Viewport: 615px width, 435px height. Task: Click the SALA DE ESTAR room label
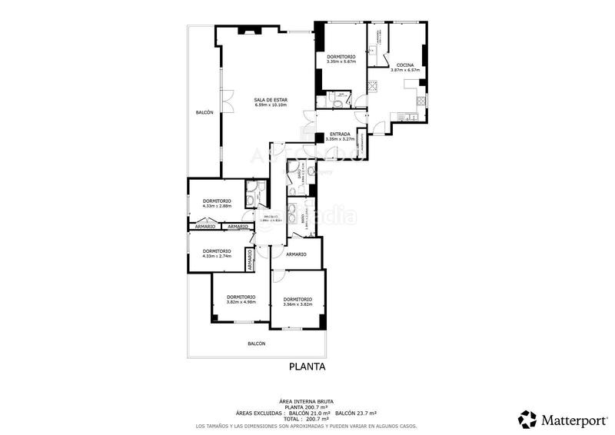[271, 100]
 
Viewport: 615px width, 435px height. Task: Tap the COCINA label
[405, 65]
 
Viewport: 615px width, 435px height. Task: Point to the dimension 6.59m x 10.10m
[271, 105]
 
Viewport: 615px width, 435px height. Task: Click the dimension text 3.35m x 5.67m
[341, 62]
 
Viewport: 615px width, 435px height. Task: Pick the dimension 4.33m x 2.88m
[217, 206]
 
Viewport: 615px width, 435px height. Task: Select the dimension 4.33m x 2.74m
[217, 256]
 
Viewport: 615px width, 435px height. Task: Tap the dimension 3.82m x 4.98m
[241, 302]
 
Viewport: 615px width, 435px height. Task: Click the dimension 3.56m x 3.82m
[297, 304]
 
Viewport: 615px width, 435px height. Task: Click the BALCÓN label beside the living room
[204, 113]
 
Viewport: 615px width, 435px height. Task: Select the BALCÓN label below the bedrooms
[256, 344]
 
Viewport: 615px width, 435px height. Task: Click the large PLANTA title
[307, 367]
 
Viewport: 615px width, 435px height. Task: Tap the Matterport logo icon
[527, 419]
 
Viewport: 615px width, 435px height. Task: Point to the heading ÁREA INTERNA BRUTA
[307, 402]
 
